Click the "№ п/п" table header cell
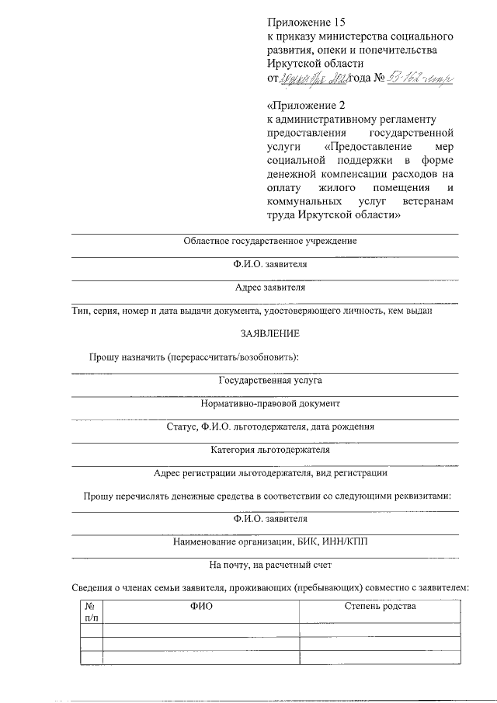pyautogui.click(x=91, y=611)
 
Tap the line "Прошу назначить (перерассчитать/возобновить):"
pyautogui.click(x=193, y=357)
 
